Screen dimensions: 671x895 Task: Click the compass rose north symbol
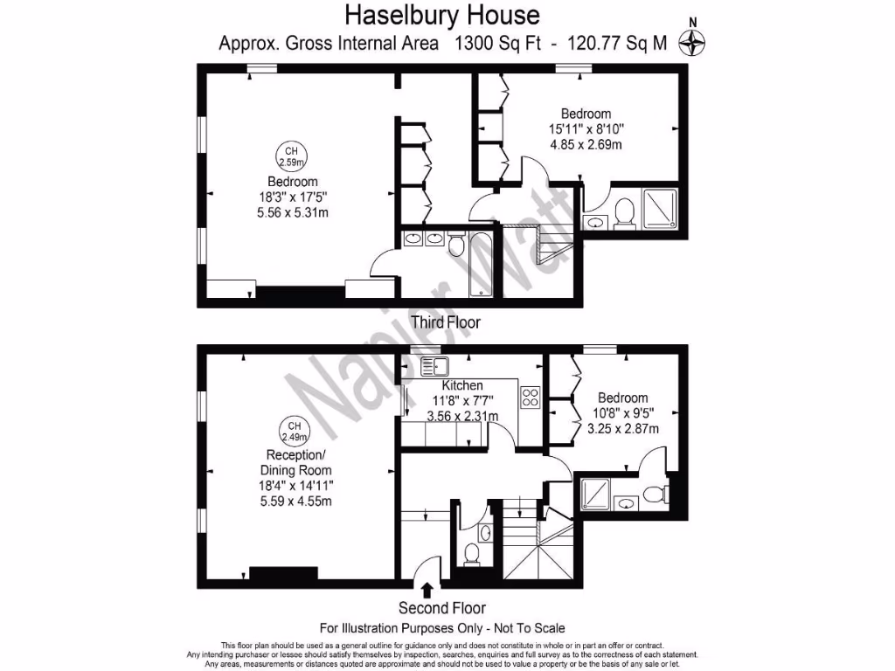click(x=692, y=41)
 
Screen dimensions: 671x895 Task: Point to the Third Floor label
click(x=446, y=322)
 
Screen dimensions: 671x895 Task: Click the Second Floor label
click(x=442, y=608)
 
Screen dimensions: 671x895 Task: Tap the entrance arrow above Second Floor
click(x=427, y=590)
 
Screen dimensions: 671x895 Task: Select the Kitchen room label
click(x=462, y=385)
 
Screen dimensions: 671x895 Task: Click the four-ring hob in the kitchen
click(x=530, y=398)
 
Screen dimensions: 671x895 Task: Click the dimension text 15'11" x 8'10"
click(x=586, y=129)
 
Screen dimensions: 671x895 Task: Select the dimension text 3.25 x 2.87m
click(x=623, y=428)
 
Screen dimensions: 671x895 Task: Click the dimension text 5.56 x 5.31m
click(x=292, y=212)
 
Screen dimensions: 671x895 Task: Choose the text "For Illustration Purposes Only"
click(x=399, y=627)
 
